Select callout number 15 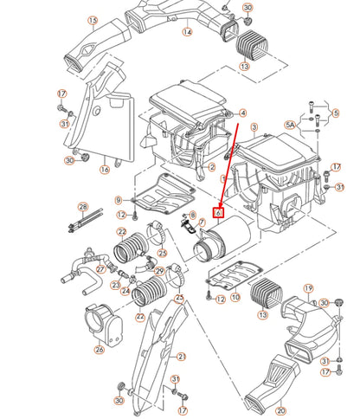[x=93, y=20]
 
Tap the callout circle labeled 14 [x=187, y=33]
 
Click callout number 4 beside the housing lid [x=243, y=113]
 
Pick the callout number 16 [x=105, y=171]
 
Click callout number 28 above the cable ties [x=119, y=201]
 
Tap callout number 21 [x=181, y=357]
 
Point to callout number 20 [x=255, y=410]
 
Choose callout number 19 [x=307, y=287]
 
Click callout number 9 [x=119, y=201]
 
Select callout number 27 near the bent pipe [x=100, y=269]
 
